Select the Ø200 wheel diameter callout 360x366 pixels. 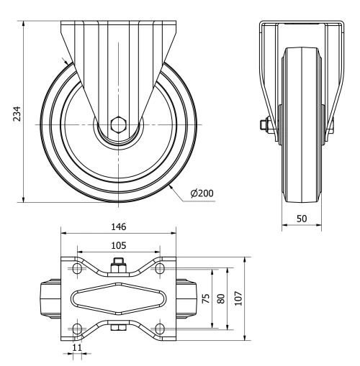coord(202,193)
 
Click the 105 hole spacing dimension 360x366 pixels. coord(118,244)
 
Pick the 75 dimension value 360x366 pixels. coord(205,299)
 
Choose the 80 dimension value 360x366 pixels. coord(222,299)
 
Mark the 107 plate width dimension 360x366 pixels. coord(238,299)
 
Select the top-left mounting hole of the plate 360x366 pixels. coord(76,269)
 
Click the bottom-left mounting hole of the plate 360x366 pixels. coord(76,328)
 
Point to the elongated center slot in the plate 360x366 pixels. coord(118,298)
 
